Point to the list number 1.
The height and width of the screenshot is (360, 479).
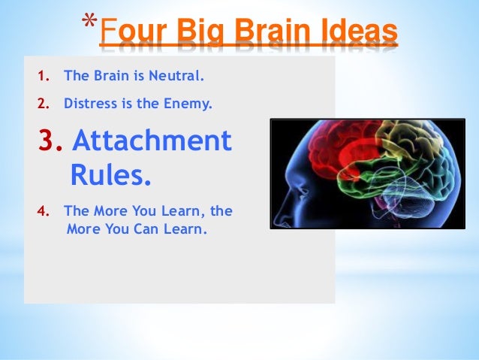(x=44, y=76)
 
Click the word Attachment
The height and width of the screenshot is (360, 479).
(x=153, y=141)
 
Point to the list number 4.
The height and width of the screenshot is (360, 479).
(x=44, y=211)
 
